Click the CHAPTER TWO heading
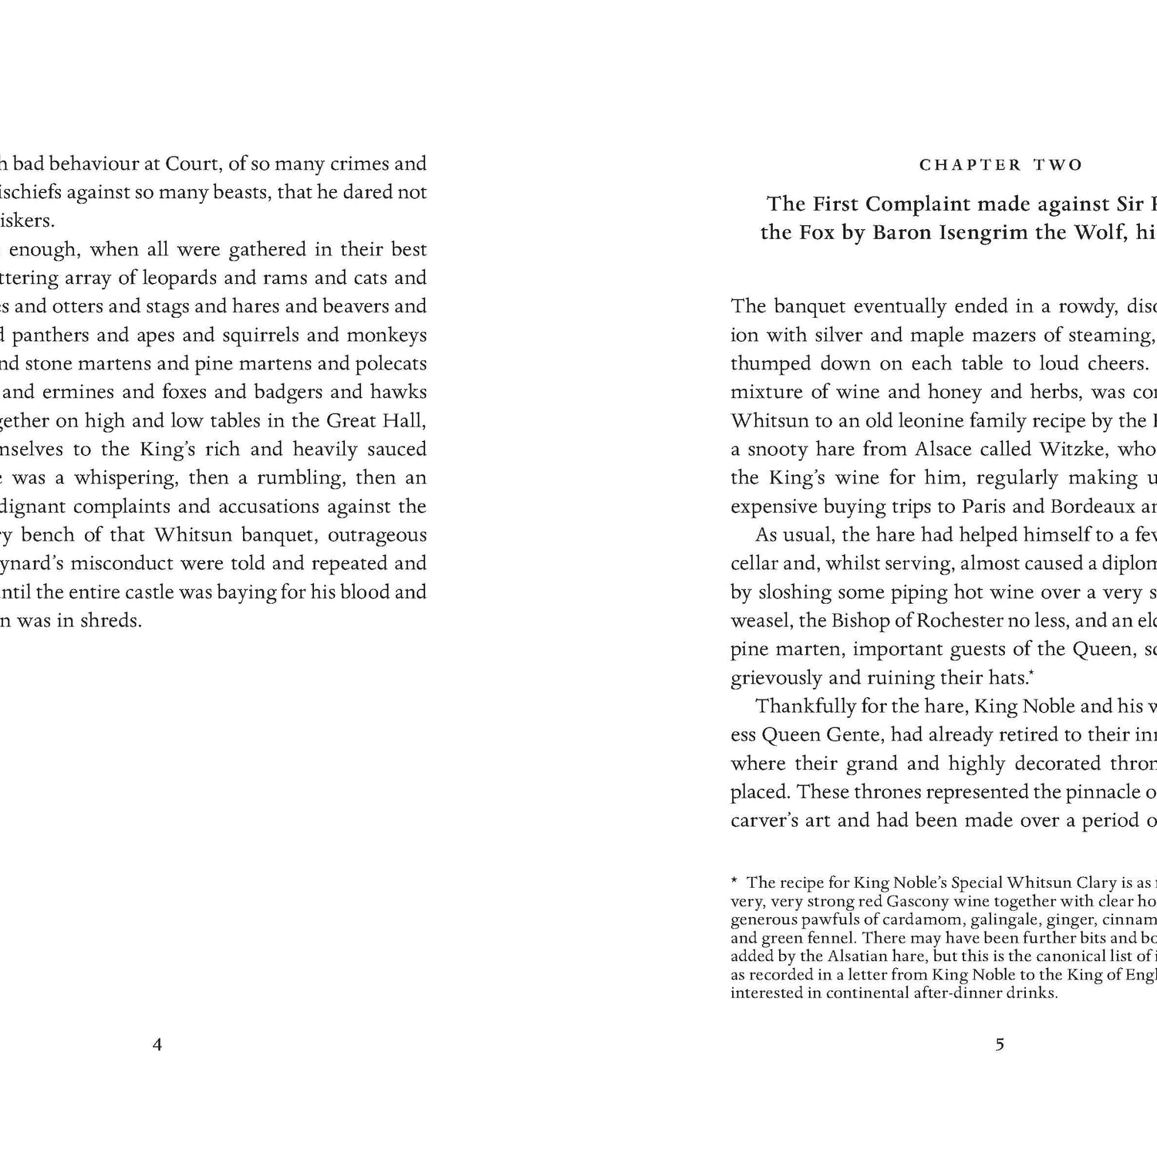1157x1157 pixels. pyautogui.click(x=1001, y=165)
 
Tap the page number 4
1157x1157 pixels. pyautogui.click(x=157, y=1045)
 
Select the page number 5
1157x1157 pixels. pyautogui.click(x=1000, y=1045)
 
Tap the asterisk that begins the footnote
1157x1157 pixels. pyautogui.click(x=734, y=881)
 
